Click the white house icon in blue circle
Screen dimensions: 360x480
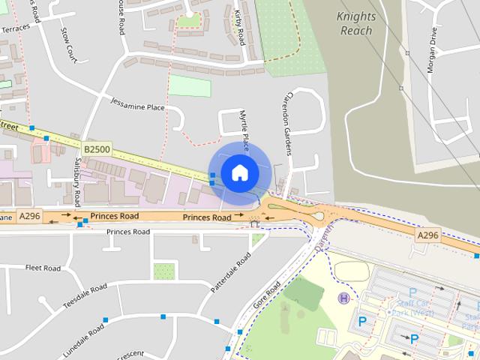[x=239, y=172]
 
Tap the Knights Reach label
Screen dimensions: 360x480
[x=356, y=23]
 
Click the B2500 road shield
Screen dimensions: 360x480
[x=97, y=150]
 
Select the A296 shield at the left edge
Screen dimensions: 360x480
[x=30, y=217]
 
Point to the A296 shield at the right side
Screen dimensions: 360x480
[x=427, y=235]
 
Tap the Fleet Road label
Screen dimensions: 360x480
[x=43, y=268]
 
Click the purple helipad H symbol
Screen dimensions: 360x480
[x=344, y=298]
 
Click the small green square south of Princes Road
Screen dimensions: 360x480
[x=163, y=271]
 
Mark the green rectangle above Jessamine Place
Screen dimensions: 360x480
[x=189, y=85]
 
